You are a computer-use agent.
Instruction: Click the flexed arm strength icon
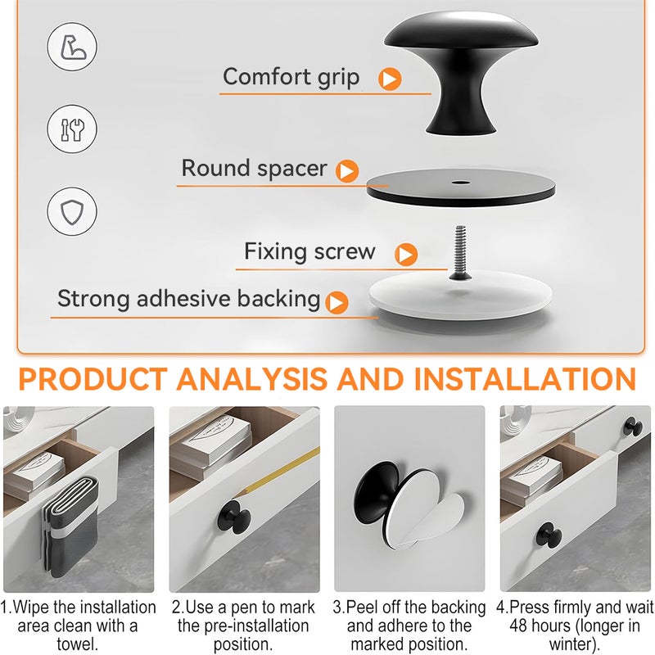click(x=72, y=47)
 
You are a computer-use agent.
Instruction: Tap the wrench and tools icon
click(x=72, y=129)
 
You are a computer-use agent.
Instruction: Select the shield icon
click(x=72, y=211)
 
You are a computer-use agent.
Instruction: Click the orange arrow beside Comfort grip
click(x=390, y=79)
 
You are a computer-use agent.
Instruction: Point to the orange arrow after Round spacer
click(x=347, y=171)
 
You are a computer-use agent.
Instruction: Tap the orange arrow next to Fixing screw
click(x=406, y=255)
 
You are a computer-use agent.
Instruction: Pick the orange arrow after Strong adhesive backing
click(x=337, y=302)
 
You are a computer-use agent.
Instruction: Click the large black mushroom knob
click(x=461, y=71)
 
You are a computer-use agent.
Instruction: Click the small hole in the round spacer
click(x=460, y=183)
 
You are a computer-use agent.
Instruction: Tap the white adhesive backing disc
click(x=460, y=296)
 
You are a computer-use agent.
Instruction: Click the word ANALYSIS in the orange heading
click(x=251, y=379)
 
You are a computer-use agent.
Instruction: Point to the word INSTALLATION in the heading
click(x=525, y=379)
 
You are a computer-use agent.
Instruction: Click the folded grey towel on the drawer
click(x=71, y=528)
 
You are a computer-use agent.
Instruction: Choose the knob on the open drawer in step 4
click(x=549, y=535)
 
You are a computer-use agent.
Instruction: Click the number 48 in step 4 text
click(x=518, y=626)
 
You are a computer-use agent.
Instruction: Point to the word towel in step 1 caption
click(x=78, y=644)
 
